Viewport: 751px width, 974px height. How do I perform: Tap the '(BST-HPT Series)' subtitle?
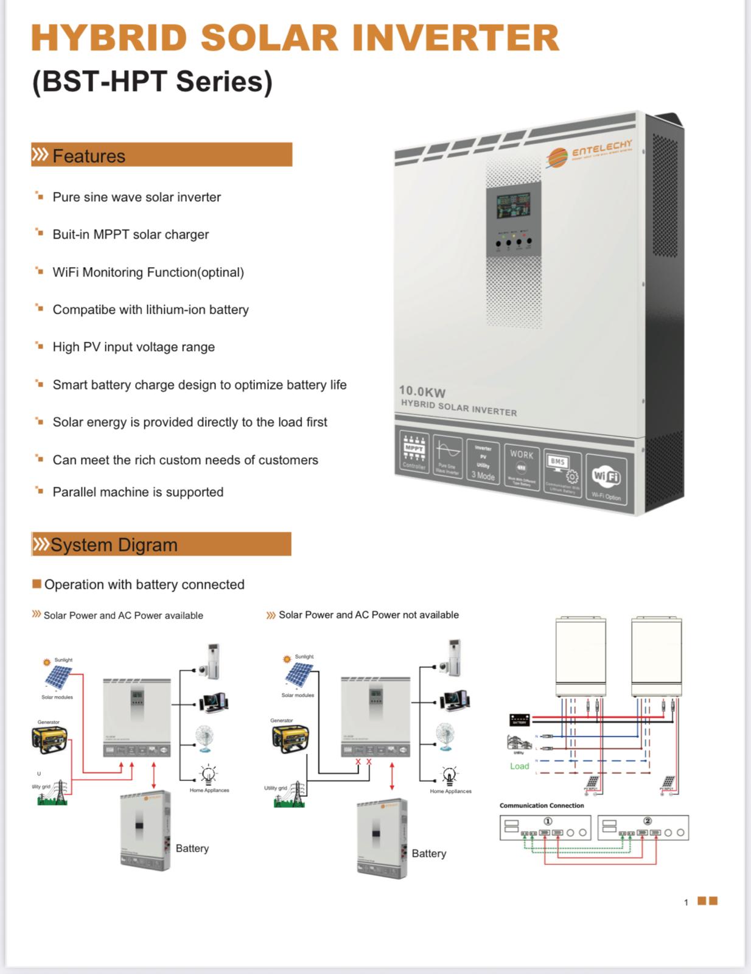(152, 82)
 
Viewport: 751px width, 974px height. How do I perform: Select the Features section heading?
(89, 156)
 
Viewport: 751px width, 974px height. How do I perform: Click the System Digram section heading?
(114, 545)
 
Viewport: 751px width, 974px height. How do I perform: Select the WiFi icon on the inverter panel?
(606, 477)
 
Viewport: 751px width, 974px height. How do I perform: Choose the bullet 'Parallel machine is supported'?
(138, 492)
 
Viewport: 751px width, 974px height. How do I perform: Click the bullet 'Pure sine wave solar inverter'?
(137, 197)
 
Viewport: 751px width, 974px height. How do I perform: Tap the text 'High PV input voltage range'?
(134, 347)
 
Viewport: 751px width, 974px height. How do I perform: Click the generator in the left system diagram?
(49, 739)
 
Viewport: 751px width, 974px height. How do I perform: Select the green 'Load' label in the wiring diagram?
(519, 766)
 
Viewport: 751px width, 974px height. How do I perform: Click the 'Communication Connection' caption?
(542, 805)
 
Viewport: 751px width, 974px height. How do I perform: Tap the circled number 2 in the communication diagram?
(648, 821)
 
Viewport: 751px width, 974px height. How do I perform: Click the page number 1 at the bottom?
(686, 902)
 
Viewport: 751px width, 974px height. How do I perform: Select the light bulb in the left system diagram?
(209, 774)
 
